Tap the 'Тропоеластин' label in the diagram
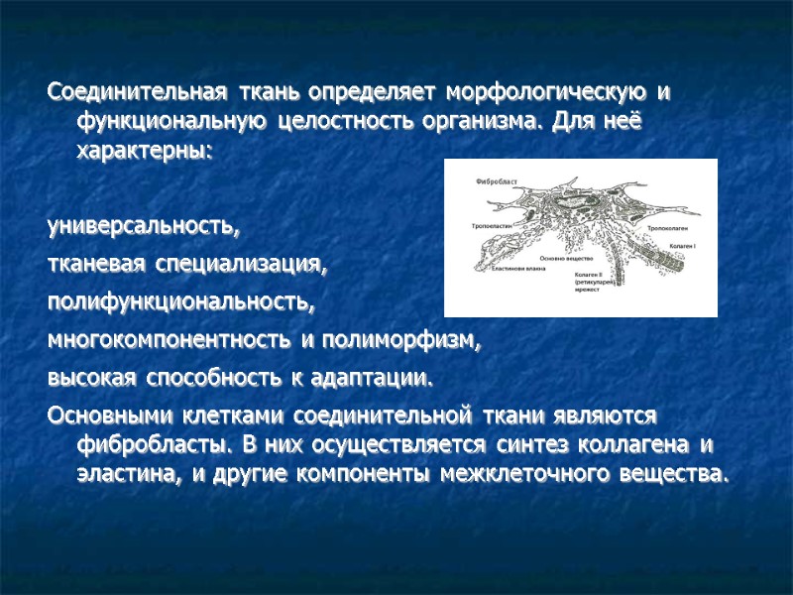(x=493, y=227)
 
